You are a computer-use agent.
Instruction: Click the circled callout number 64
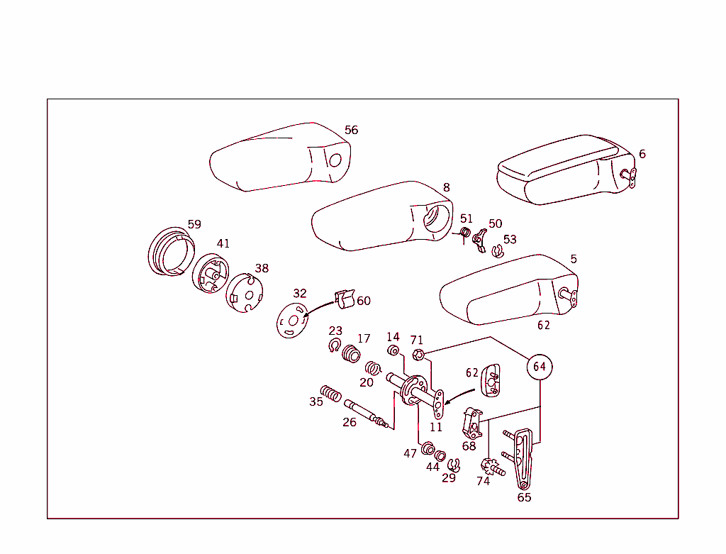pos(540,366)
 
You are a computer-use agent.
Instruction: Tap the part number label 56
pos(351,130)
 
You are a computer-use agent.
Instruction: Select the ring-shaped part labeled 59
pos(170,253)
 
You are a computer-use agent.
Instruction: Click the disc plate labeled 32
pos(292,318)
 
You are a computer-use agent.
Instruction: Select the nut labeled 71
pos(418,355)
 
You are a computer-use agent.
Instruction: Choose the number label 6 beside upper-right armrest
pos(642,154)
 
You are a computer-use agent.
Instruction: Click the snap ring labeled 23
pos(335,345)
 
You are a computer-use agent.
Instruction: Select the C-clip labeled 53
pos(498,250)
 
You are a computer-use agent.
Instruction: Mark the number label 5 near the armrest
pos(573,259)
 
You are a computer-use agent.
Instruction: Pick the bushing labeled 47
pos(428,449)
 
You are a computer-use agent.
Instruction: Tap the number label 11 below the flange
pos(435,427)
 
